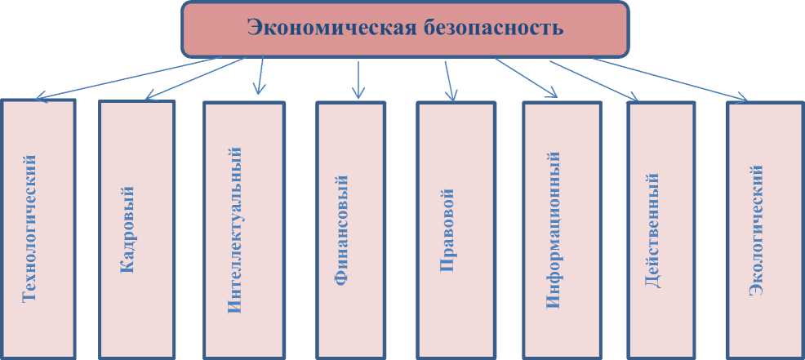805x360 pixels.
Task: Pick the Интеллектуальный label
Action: tap(235, 230)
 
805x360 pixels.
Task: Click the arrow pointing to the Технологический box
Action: tap(139, 78)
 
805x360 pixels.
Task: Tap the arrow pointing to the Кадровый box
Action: tap(196, 78)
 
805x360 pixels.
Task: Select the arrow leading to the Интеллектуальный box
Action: tap(260, 75)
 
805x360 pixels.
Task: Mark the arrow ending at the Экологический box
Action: tap(669, 79)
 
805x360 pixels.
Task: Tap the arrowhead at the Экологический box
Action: tap(742, 99)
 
